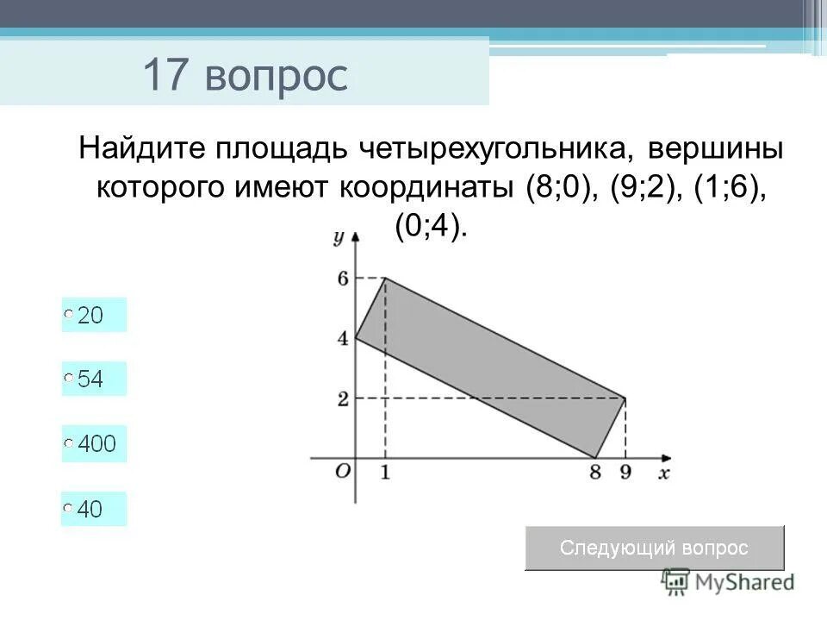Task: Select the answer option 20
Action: [x=69, y=316]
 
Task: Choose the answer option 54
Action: [x=69, y=379]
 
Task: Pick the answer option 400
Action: [x=69, y=444]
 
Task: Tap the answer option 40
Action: [x=69, y=509]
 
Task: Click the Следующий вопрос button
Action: [x=654, y=548]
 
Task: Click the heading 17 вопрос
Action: [x=245, y=76]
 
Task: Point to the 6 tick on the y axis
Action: [x=342, y=278]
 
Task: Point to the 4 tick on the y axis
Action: [x=342, y=338]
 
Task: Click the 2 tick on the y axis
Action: [x=342, y=398]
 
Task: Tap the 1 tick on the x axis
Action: [x=385, y=473]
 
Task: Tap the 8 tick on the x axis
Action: [x=594, y=473]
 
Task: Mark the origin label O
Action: [x=342, y=472]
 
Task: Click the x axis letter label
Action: [x=663, y=474]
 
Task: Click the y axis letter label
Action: [x=340, y=235]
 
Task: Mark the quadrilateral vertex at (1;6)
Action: [x=385, y=278]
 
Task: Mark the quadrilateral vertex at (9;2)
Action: [x=625, y=398]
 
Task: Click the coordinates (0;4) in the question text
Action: [x=431, y=226]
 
